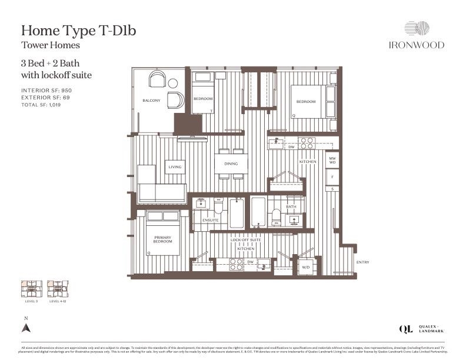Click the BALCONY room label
tap(151, 101)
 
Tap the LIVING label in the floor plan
tap(175, 167)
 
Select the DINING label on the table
tap(230, 164)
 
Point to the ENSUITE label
tap(210, 220)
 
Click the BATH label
tap(291, 207)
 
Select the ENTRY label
tap(363, 262)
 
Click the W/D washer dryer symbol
tap(306, 266)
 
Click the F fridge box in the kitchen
tap(332, 176)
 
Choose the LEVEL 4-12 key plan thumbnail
tap(58, 289)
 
